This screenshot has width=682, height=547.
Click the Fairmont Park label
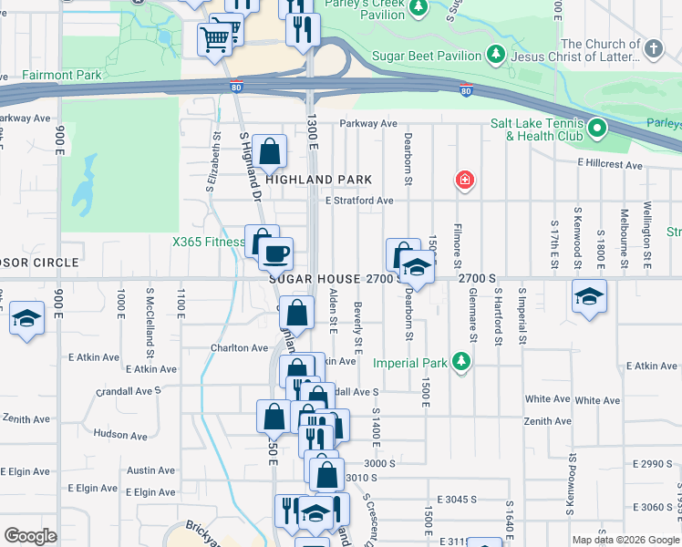pyautogui.click(x=32, y=75)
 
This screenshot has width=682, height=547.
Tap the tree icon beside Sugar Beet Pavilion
pyautogui.click(x=495, y=56)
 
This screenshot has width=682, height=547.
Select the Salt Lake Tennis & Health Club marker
pyautogui.click(x=596, y=128)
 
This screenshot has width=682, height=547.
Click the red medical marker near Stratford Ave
pyautogui.click(x=465, y=181)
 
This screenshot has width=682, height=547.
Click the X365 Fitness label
pyautogui.click(x=209, y=242)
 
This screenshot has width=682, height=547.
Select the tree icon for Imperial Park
pyautogui.click(x=462, y=363)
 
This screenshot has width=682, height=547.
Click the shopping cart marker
pyautogui.click(x=214, y=38)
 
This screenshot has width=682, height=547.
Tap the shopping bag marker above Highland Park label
pyautogui.click(x=270, y=151)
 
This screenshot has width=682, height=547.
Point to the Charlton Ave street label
pyautogui.click(x=240, y=347)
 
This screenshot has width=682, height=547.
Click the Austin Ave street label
pyautogui.click(x=150, y=470)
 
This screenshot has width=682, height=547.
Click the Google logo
pyautogui.click(x=30, y=536)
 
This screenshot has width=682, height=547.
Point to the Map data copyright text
pyautogui.click(x=625, y=540)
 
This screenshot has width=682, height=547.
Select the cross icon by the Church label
pyautogui.click(x=654, y=50)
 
